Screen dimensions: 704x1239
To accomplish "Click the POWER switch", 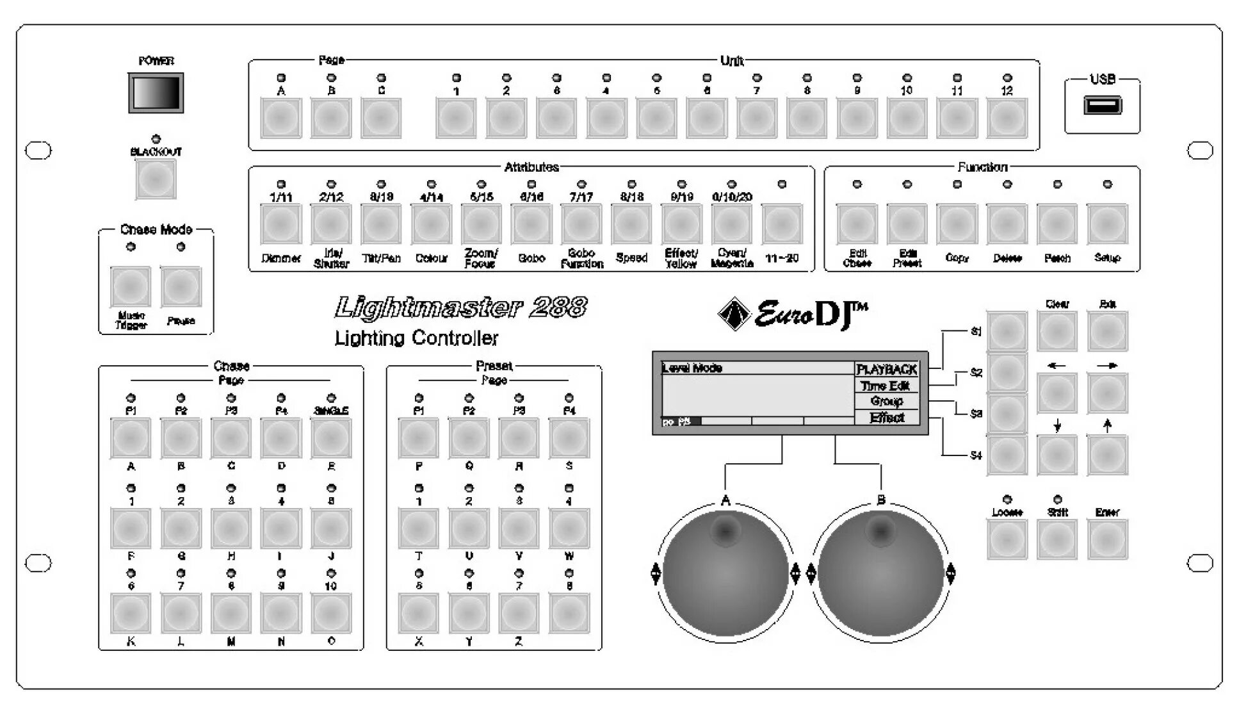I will pyautogui.click(x=156, y=93).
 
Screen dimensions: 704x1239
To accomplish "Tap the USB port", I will pyautogui.click(x=1102, y=105).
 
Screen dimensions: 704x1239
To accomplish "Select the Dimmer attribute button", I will pyautogui.click(x=280, y=224).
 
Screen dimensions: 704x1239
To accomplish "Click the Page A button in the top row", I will pyautogui.click(x=280, y=119).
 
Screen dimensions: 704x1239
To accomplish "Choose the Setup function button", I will pyautogui.click(x=1107, y=224).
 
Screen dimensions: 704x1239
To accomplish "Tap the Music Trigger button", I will pyautogui.click(x=131, y=287).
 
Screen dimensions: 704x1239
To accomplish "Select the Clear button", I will pyautogui.click(x=1057, y=332).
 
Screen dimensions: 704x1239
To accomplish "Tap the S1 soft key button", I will pyautogui.click(x=1007, y=332).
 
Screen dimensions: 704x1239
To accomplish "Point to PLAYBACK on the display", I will pyautogui.click(x=887, y=370).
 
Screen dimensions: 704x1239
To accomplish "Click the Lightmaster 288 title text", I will pyautogui.click(x=460, y=309).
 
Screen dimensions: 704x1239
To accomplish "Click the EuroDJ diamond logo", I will pyautogui.click(x=734, y=314).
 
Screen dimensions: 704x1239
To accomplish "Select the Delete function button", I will pyautogui.click(x=1007, y=224).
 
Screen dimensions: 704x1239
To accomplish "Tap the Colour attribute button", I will pyautogui.click(x=431, y=224).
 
